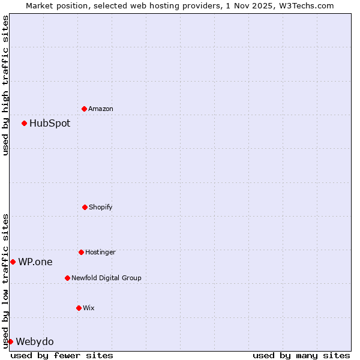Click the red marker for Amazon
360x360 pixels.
84,109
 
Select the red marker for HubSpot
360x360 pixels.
24,123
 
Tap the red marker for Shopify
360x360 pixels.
85,207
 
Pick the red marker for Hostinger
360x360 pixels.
81,252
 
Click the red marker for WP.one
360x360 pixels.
13,262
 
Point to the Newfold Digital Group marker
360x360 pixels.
67,278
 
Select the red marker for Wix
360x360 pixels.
79,308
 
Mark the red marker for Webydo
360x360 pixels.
10,341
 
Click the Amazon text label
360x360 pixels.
101,109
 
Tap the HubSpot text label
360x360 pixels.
50,123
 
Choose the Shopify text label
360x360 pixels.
101,207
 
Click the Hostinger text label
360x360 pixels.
100,252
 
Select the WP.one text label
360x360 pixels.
35,262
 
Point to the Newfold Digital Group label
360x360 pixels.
106,278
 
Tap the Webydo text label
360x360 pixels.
35,341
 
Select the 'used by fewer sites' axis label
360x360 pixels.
62,355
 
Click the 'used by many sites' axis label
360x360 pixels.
301,355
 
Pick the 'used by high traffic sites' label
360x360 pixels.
5,85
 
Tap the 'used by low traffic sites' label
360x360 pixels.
5,280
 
